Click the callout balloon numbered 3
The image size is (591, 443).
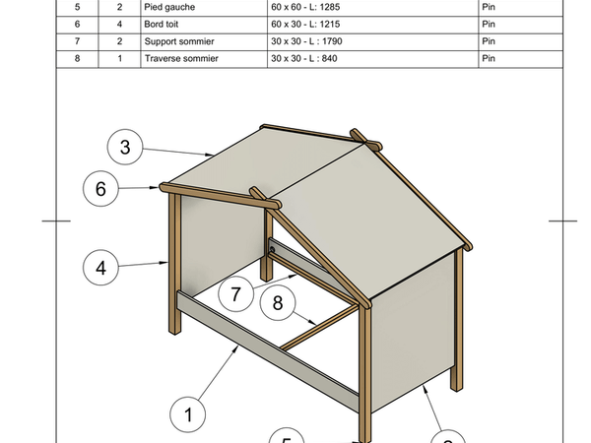click(125, 149)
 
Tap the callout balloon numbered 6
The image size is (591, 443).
click(101, 187)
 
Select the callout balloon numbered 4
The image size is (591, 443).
click(101, 266)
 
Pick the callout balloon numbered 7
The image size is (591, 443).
click(236, 293)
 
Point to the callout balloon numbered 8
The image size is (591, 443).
click(278, 304)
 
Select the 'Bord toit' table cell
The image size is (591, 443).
click(165, 25)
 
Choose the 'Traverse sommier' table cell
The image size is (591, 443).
click(182, 60)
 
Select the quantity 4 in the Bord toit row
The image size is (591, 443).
click(119, 25)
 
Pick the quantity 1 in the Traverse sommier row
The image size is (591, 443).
click(119, 60)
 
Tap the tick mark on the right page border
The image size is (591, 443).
click(562, 221)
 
